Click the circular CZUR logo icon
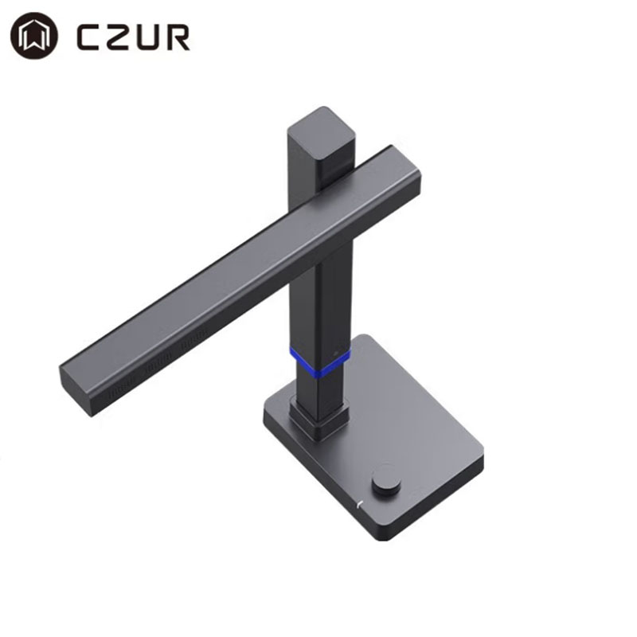pyautogui.click(x=34, y=36)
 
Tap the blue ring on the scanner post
pyautogui.click(x=320, y=361)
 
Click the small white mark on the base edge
pyautogui.click(x=359, y=505)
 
